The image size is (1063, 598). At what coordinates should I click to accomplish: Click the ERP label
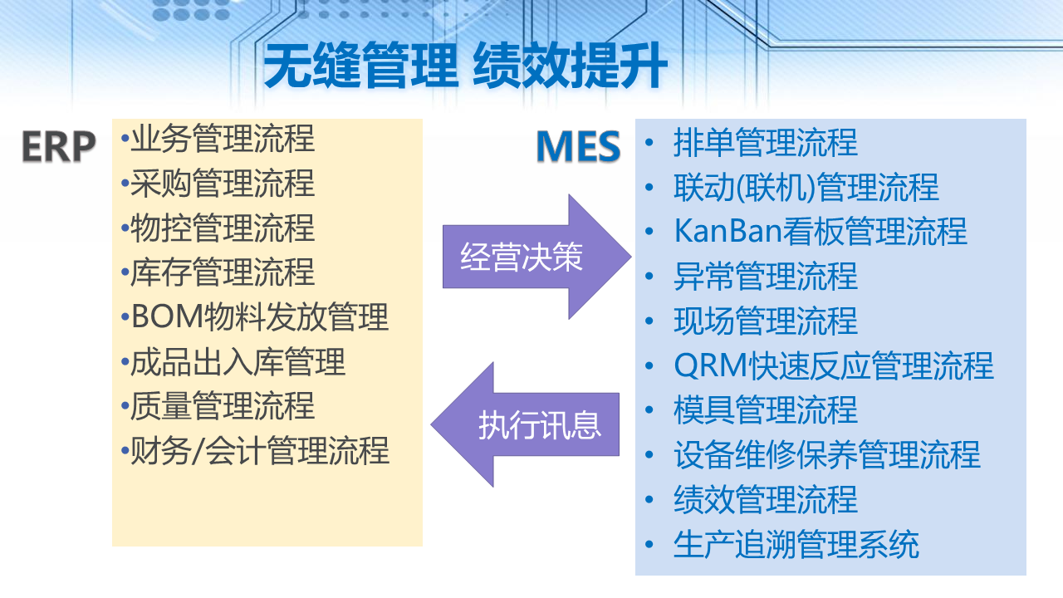(59, 147)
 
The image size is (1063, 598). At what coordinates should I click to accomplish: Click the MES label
(578, 146)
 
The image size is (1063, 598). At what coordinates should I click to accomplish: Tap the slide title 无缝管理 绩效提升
(466, 65)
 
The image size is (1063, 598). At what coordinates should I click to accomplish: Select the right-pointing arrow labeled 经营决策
(536, 257)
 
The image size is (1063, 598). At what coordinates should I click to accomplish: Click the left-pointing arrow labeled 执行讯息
(525, 424)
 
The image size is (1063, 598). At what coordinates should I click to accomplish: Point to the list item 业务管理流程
(223, 139)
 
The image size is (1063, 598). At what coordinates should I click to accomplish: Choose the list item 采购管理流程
(223, 184)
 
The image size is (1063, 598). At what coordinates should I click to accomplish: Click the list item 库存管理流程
(223, 272)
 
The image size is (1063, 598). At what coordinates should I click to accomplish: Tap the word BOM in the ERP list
(167, 316)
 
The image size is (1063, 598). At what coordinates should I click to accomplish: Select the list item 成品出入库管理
(238, 361)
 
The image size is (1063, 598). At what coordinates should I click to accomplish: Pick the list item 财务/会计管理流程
(260, 451)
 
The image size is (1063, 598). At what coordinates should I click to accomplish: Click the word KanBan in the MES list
(727, 231)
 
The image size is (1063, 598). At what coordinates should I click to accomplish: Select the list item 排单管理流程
(766, 142)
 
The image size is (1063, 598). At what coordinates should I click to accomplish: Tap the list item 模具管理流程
(766, 410)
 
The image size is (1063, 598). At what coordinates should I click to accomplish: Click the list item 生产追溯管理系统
(796, 544)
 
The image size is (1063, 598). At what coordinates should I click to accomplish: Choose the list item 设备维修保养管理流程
(827, 454)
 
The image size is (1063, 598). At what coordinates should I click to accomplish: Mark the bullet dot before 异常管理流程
(649, 277)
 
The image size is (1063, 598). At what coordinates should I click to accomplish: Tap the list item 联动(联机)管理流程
(806, 187)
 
